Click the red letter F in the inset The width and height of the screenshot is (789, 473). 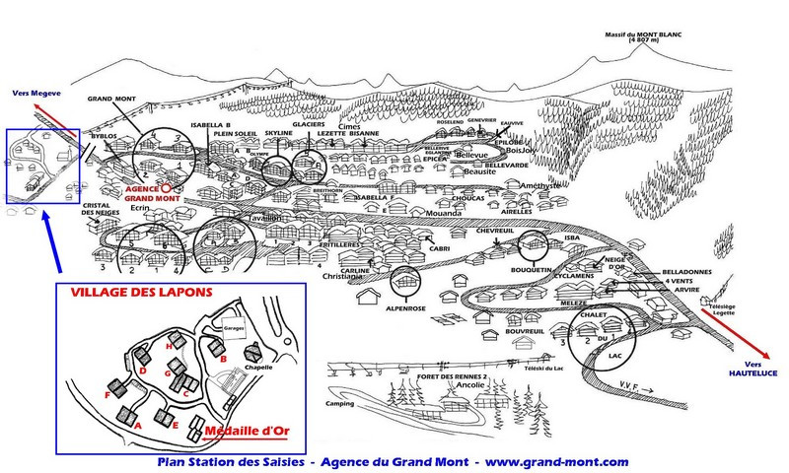pyautogui.click(x=107, y=394)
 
